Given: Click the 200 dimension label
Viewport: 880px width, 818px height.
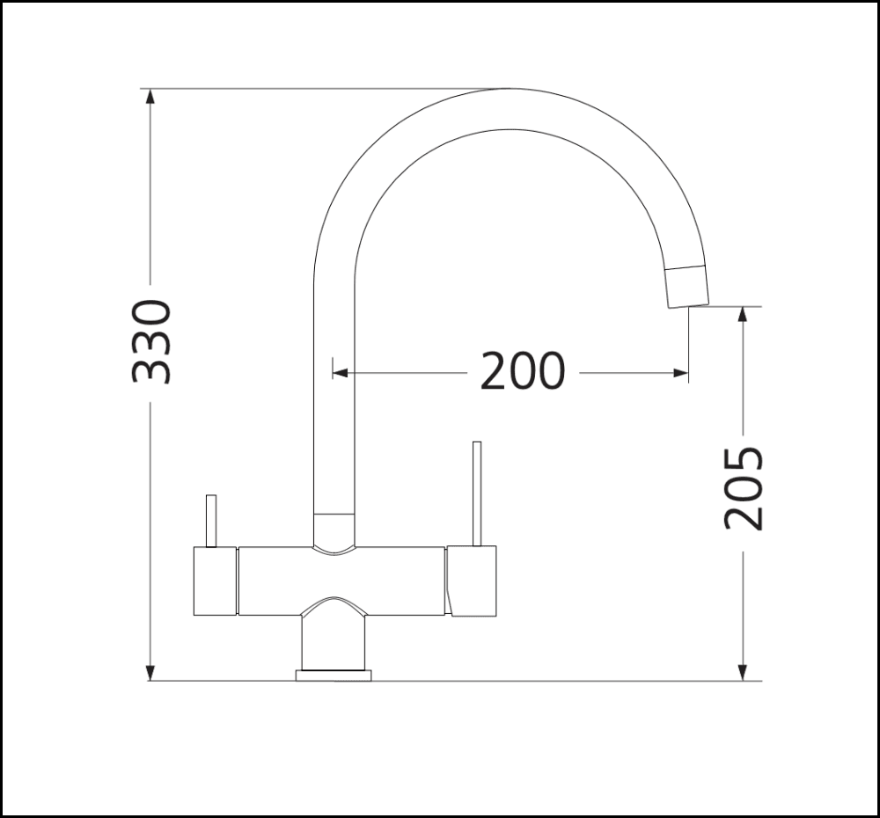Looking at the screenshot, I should tap(523, 372).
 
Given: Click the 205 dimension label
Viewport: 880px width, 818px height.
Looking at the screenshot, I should tap(744, 488).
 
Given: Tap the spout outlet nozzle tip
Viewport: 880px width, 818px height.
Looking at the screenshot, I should tap(686, 286).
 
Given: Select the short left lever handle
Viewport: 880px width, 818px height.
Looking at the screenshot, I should tap(210, 521).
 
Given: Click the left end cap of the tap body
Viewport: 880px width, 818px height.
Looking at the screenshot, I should tap(215, 581).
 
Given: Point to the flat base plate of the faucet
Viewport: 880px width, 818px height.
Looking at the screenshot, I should tap(334, 676).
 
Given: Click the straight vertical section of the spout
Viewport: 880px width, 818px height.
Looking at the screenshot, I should tap(334, 396).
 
